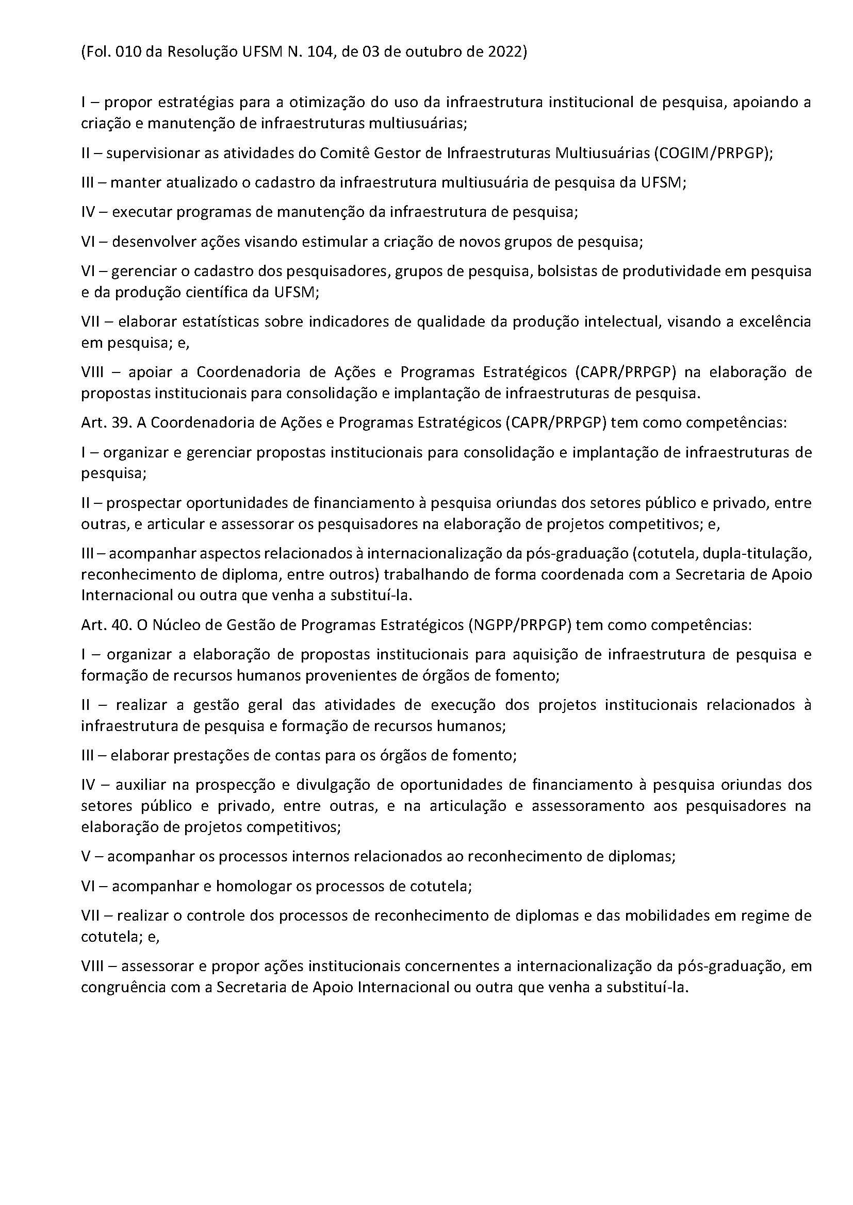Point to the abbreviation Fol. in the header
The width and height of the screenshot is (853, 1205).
pos(96,53)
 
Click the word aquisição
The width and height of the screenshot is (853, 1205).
pos(548,654)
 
